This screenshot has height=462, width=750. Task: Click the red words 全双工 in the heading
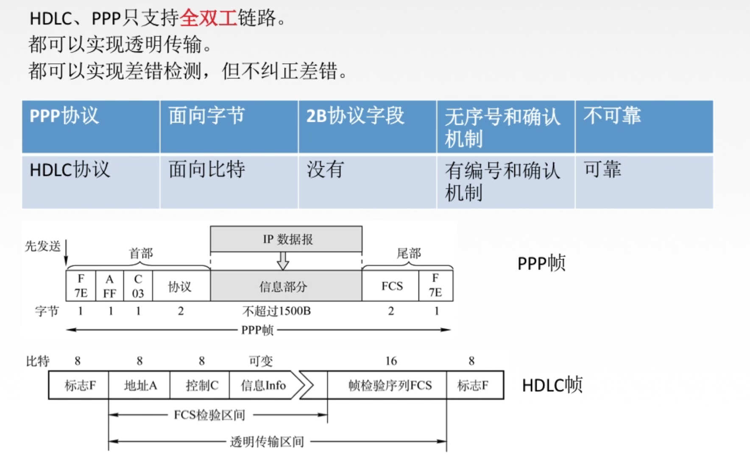click(208, 18)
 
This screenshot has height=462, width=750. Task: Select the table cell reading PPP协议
click(91, 126)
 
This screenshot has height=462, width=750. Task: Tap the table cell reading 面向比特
click(229, 182)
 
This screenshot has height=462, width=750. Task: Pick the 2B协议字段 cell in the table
click(367, 126)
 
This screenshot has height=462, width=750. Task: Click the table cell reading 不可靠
click(644, 126)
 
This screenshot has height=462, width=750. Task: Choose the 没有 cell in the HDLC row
click(367, 182)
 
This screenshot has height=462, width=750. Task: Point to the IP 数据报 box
click(286, 239)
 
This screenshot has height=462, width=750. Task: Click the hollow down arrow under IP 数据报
click(283, 260)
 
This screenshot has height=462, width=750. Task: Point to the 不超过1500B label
click(276, 311)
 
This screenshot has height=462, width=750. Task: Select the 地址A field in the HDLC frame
click(139, 385)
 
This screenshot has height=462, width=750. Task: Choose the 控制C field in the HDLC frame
click(201, 385)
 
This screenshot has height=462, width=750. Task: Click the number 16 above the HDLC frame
click(391, 361)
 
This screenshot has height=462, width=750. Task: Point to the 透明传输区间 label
click(267, 442)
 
